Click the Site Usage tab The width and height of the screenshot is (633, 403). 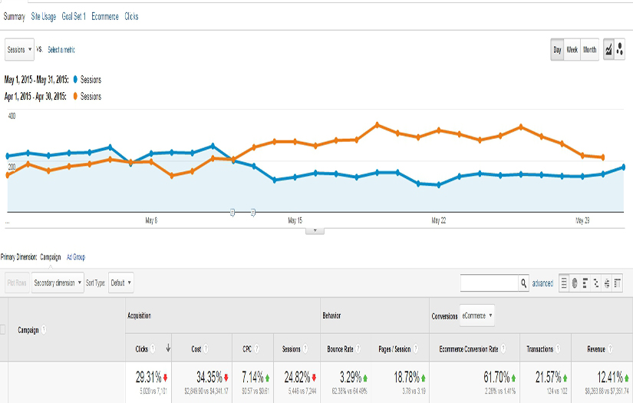pyautogui.click(x=43, y=16)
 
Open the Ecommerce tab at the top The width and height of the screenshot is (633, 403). pyautogui.click(x=104, y=16)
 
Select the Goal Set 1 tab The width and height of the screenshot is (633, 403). pyautogui.click(x=74, y=16)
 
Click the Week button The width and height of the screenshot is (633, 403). pyautogui.click(x=572, y=50)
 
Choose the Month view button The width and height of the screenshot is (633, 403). pyautogui.click(x=589, y=50)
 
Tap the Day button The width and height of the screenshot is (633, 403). pyautogui.click(x=557, y=50)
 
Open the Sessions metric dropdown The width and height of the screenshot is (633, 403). pyautogui.click(x=20, y=49)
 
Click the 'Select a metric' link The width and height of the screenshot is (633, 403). pyautogui.click(x=61, y=50)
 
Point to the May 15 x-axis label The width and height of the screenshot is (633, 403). pyautogui.click(x=295, y=220)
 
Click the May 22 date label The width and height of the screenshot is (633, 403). pyautogui.click(x=438, y=220)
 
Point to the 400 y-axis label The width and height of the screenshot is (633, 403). pyautogui.click(x=12, y=116)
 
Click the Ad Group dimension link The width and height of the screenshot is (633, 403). pyautogui.click(x=76, y=257)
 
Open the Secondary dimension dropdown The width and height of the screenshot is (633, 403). pyautogui.click(x=58, y=282)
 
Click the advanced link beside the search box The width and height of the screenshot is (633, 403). pyautogui.click(x=542, y=283)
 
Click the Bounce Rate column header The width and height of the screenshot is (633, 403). pyautogui.click(x=340, y=349)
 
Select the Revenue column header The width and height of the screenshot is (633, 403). pyautogui.click(x=597, y=349)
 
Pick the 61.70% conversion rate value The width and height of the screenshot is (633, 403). pyautogui.click(x=482, y=377)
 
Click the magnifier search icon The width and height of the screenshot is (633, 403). pyautogui.click(x=524, y=283)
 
